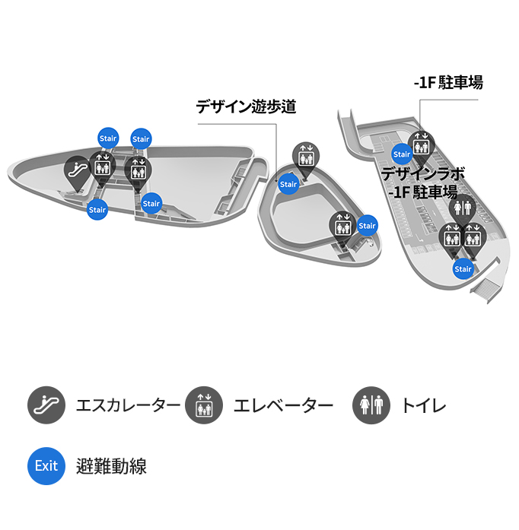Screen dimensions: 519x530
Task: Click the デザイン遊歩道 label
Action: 246,106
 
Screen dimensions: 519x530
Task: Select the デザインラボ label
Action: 422,174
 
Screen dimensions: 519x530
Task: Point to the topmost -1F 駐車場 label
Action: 448,82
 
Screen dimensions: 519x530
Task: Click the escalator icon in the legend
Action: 46,405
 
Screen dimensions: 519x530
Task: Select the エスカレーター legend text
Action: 128,405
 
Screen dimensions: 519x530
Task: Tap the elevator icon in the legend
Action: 204,405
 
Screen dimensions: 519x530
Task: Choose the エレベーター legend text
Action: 284,405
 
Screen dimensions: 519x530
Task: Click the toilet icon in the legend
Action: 371,405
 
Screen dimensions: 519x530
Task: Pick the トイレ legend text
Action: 424,405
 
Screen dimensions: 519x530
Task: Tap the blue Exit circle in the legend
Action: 46,466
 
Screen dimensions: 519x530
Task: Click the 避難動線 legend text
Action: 111,466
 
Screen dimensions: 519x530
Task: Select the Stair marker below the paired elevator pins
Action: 463,269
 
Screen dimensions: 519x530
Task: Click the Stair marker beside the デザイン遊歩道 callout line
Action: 288,184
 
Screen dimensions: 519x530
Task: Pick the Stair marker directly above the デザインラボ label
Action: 402,154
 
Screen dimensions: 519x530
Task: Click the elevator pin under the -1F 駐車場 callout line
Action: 421,148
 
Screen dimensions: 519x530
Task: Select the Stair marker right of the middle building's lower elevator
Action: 367,225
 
